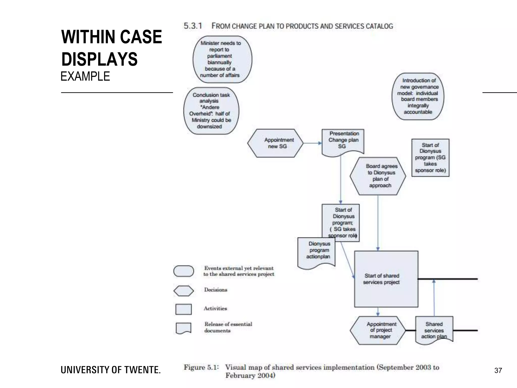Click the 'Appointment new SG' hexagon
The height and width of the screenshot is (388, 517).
(x=275, y=143)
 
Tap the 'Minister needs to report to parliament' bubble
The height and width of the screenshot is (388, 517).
(x=222, y=59)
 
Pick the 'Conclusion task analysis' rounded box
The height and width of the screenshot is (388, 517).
(x=211, y=111)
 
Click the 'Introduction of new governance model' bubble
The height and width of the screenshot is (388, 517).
(x=418, y=96)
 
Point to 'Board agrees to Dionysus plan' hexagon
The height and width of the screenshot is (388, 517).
(x=378, y=176)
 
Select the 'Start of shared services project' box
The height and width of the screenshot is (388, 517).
(x=386, y=279)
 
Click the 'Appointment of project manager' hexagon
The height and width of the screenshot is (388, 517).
(x=378, y=330)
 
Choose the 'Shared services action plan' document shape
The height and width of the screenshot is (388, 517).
(x=434, y=329)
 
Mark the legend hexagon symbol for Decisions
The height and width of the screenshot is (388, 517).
(x=184, y=291)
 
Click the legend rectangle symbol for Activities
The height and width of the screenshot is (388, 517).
(x=184, y=309)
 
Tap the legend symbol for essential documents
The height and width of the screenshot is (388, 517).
(x=184, y=328)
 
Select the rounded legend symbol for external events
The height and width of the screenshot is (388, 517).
(x=184, y=271)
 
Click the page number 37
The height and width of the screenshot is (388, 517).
(x=498, y=371)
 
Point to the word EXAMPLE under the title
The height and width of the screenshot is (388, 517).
(x=85, y=77)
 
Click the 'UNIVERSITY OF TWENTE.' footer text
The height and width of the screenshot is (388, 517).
(x=111, y=370)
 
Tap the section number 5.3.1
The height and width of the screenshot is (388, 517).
(x=193, y=26)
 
